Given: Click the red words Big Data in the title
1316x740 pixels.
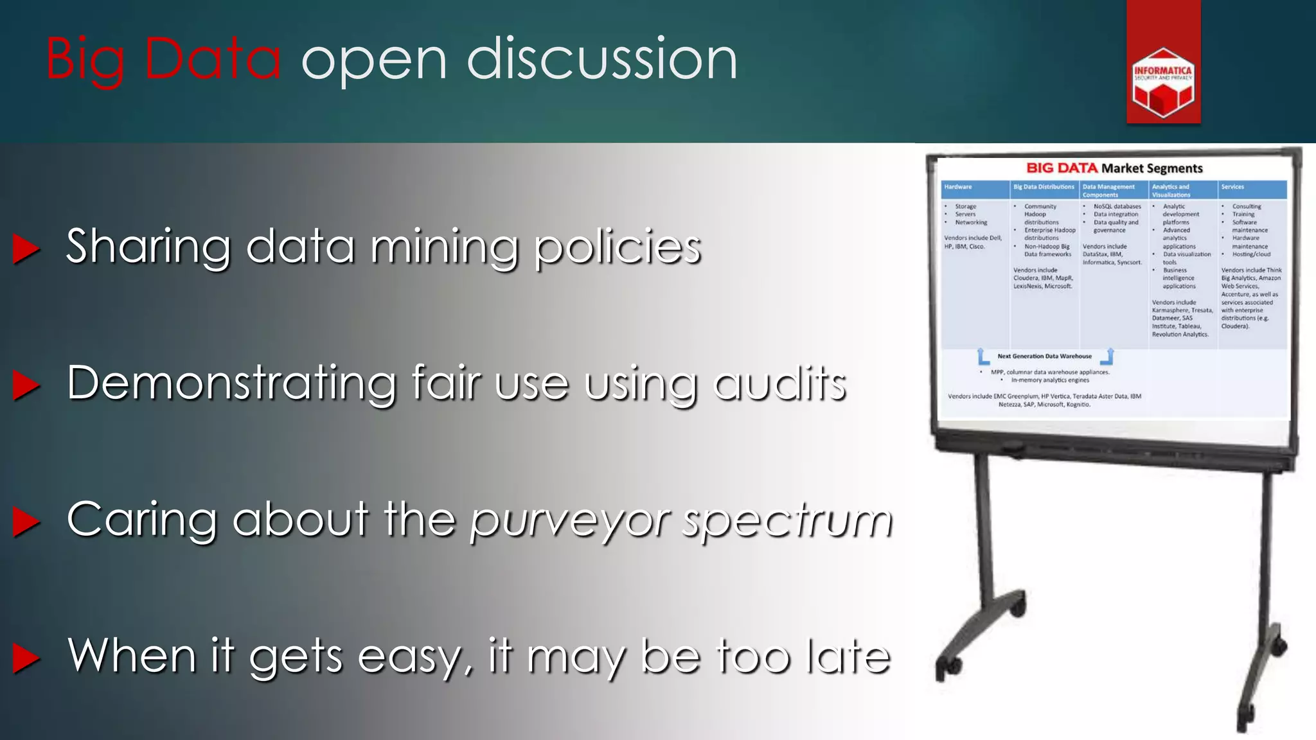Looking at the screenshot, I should (x=163, y=59).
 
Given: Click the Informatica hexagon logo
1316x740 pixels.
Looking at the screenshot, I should (x=1163, y=82).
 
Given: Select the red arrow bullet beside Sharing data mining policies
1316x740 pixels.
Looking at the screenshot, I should (x=26, y=249).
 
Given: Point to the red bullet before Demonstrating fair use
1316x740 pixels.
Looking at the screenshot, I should (x=26, y=385).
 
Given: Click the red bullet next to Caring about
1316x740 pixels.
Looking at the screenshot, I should (x=26, y=522).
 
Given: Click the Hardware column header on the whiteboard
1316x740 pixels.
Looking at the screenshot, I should (x=958, y=187).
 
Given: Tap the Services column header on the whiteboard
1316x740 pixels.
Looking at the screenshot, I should (x=1232, y=187).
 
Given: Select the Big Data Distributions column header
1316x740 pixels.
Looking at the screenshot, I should (x=1044, y=187).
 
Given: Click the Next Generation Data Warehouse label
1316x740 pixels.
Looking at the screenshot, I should (x=1044, y=356).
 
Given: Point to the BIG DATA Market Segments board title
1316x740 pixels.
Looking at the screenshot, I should (x=1114, y=168).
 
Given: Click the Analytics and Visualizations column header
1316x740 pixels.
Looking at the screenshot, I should (x=1171, y=191).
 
